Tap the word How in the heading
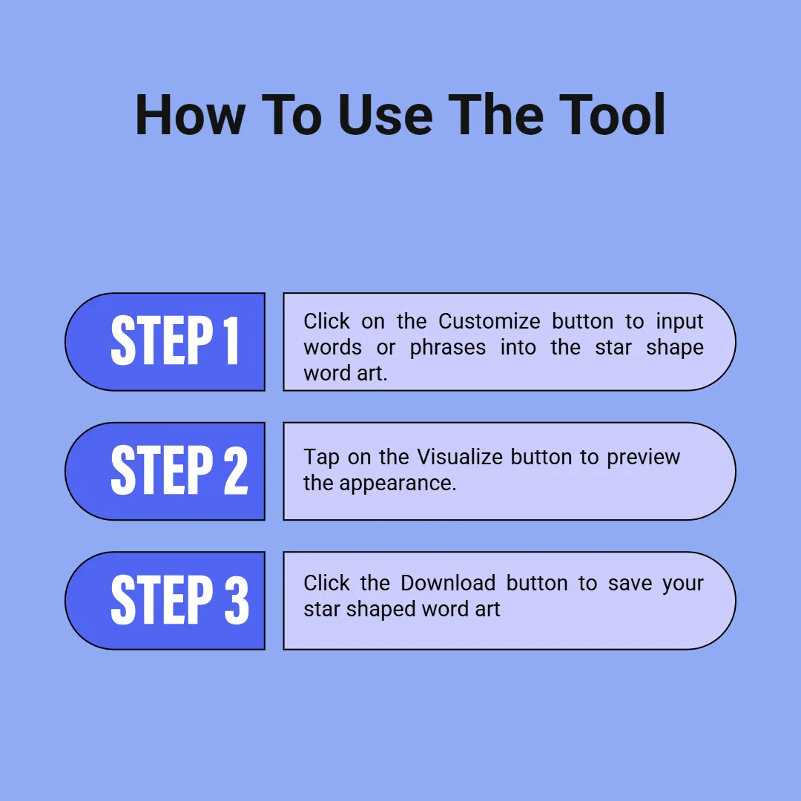190,115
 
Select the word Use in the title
385,115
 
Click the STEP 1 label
175,340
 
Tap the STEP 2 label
179,470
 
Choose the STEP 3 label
179,599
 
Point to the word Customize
489,321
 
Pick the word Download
448,583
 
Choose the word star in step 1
613,348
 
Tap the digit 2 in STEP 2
236,470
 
